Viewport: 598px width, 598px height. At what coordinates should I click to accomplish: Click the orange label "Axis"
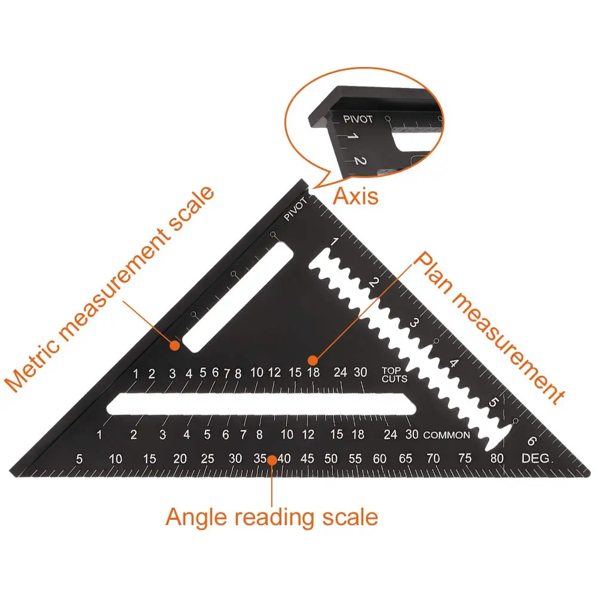pyautogui.click(x=355, y=196)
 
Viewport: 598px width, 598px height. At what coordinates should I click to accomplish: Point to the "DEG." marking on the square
pyautogui.click(x=538, y=459)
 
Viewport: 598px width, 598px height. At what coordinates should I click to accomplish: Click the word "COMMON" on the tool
pyautogui.click(x=446, y=435)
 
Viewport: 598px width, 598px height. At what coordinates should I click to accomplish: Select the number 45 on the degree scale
pyautogui.click(x=307, y=459)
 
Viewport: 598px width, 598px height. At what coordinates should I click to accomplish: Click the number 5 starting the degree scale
pyautogui.click(x=79, y=459)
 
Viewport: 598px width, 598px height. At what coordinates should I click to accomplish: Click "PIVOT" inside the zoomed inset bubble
pyautogui.click(x=358, y=119)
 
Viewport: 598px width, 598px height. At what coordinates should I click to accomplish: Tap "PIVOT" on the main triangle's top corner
pyautogui.click(x=296, y=210)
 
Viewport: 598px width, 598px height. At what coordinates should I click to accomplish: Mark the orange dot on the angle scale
pyautogui.click(x=272, y=459)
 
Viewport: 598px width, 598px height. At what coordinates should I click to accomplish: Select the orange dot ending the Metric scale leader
pyautogui.click(x=174, y=345)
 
